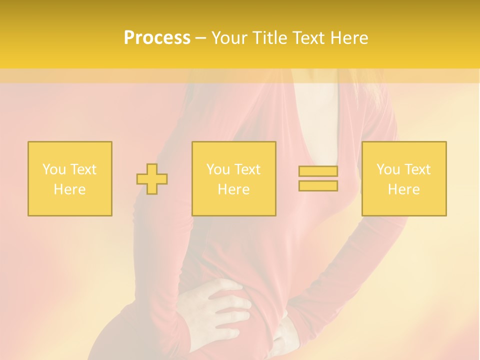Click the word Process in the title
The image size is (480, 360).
tap(157, 38)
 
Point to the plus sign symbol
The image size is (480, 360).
tap(152, 179)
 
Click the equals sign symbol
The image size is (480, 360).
tap(318, 178)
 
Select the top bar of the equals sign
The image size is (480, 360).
tap(318, 171)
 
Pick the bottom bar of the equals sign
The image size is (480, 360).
tap(318, 186)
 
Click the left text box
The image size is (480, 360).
tap(70, 179)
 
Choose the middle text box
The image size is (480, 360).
tap(234, 179)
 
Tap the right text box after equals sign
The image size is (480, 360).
tap(404, 179)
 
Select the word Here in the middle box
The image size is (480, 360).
tap(234, 189)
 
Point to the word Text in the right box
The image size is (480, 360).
tap(417, 169)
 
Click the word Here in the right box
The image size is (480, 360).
tap(404, 189)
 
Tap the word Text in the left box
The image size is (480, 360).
tap(83, 169)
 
